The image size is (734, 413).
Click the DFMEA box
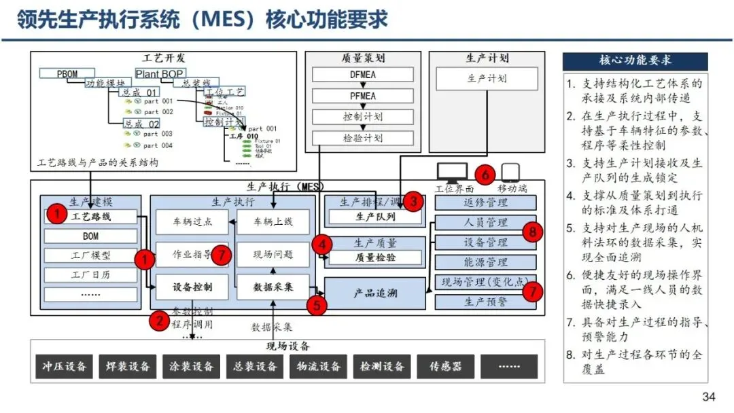click(x=362, y=75)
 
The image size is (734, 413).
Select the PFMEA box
click(x=362, y=96)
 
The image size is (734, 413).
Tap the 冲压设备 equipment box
click(x=62, y=366)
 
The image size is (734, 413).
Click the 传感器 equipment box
click(x=445, y=366)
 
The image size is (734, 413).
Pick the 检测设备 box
click(x=382, y=366)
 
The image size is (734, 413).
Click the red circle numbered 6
click(x=485, y=174)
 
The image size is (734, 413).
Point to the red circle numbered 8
click(x=532, y=232)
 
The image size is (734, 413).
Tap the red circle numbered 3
click(x=413, y=201)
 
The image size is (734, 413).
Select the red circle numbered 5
click(x=316, y=305)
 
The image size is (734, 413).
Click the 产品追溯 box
click(x=375, y=293)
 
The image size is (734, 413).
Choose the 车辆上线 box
click(x=273, y=221)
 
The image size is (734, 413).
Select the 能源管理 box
click(x=485, y=262)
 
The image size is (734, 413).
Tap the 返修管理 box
click(x=485, y=202)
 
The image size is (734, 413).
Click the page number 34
click(x=709, y=397)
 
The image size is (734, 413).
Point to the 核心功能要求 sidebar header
click(x=635, y=60)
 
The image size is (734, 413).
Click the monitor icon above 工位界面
click(x=453, y=173)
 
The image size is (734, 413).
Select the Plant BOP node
click(x=160, y=73)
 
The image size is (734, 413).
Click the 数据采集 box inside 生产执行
click(x=273, y=287)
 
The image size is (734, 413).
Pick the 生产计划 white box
click(x=487, y=79)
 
